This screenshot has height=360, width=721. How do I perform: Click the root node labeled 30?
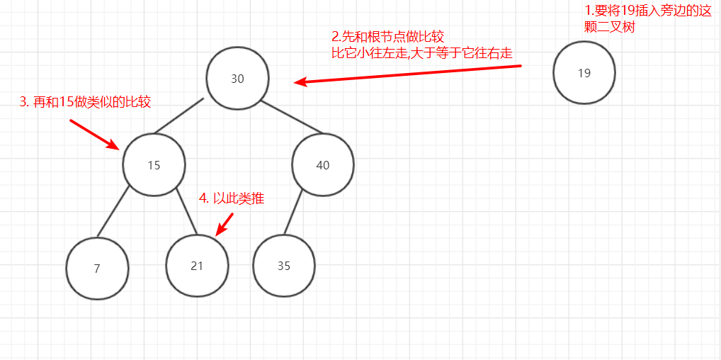(237, 79)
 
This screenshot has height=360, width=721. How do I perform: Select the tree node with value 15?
(154, 165)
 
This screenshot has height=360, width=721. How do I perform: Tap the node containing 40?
(323, 165)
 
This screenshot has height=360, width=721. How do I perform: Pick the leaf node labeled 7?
(97, 269)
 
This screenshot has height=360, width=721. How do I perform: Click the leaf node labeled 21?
(197, 266)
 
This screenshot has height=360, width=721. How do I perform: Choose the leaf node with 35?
(284, 266)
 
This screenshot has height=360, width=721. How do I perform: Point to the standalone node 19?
(584, 72)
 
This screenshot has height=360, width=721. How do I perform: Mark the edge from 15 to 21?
(186, 211)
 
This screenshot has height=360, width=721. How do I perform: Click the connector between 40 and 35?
(293, 212)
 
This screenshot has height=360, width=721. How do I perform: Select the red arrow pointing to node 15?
(95, 134)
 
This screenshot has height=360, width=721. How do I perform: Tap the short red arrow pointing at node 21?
(224, 224)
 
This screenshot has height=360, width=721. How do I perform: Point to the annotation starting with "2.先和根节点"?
(387, 37)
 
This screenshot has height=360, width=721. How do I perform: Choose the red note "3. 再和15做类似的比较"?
(85, 102)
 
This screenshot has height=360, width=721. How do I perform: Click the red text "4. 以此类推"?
(232, 198)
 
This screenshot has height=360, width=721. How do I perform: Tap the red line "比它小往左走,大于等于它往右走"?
(421, 53)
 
